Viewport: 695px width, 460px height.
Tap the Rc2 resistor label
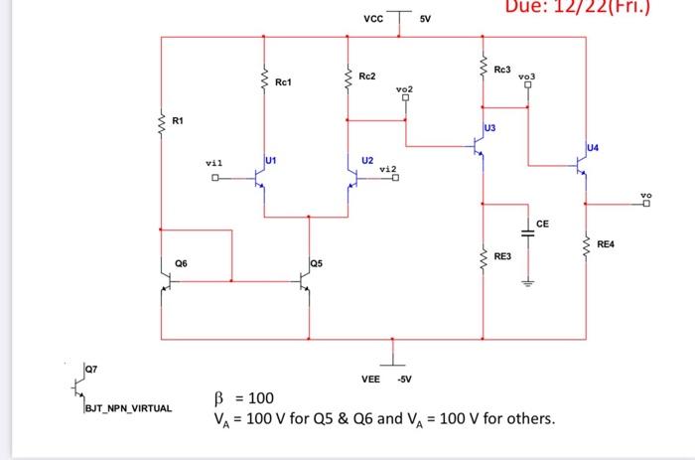click(367, 76)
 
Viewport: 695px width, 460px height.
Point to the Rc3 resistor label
click(501, 70)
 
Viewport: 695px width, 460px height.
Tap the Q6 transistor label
click(181, 262)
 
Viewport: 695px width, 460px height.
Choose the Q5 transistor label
click(316, 263)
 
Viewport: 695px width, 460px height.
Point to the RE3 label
click(502, 256)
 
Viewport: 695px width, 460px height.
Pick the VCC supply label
click(372, 18)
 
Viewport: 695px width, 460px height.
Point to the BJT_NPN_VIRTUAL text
click(128, 408)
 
